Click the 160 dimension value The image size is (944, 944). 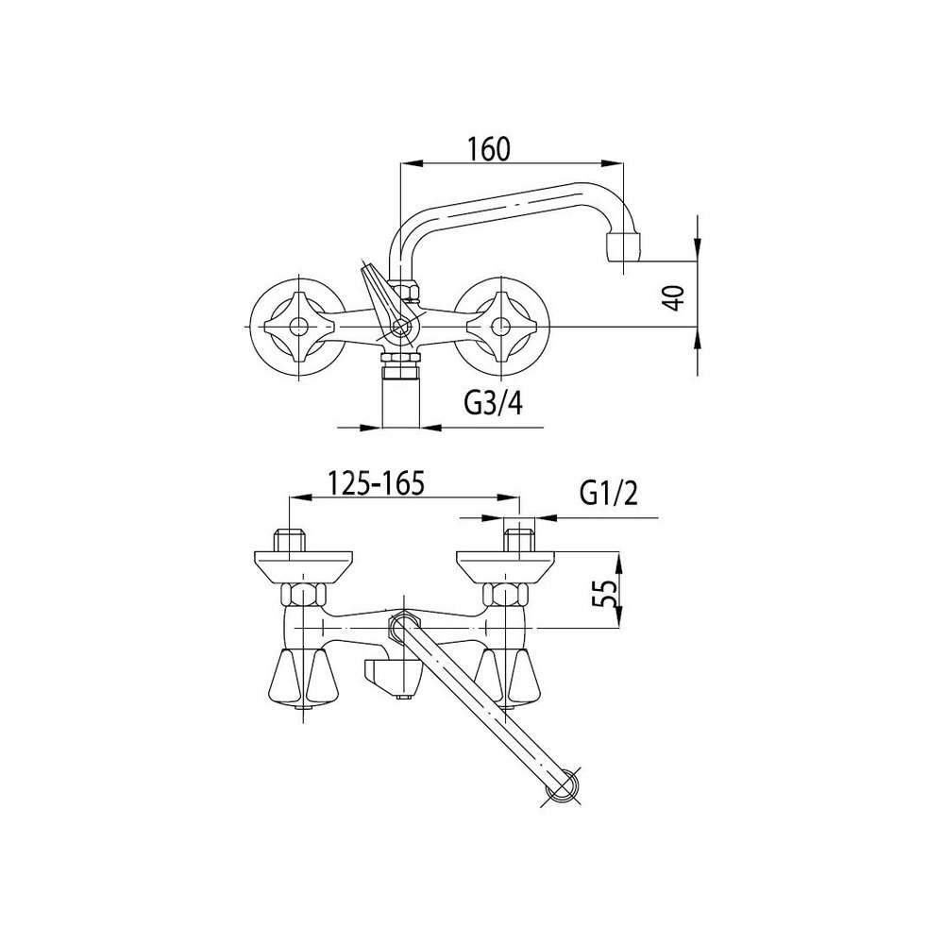point(489,149)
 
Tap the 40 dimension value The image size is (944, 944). point(677,296)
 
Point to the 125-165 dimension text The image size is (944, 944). point(377,482)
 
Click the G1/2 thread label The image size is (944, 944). point(609,494)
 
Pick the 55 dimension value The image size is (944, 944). point(609,595)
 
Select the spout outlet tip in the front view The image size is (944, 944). point(623,247)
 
